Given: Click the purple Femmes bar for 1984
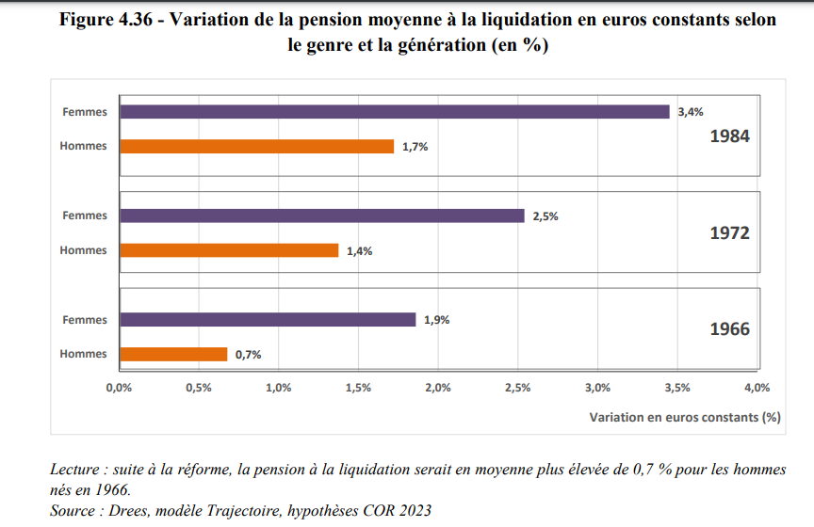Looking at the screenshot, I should point(394,111).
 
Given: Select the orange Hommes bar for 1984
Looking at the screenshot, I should point(256,146).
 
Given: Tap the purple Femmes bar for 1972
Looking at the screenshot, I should point(321,216).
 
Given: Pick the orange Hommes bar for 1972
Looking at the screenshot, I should point(228,250).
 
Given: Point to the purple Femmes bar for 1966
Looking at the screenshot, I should point(267,320).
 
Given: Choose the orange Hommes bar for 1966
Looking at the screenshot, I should point(173,354).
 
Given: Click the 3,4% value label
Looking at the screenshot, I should point(691,112).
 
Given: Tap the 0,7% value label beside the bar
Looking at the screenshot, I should point(248,355).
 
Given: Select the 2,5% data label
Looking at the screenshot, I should point(545,216).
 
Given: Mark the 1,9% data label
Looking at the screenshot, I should point(436,320).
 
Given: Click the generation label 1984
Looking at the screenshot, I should point(729,136).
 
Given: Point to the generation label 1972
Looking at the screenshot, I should point(729,232).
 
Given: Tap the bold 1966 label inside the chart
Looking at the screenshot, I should point(729,329).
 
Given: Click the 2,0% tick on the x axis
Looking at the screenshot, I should point(438,388).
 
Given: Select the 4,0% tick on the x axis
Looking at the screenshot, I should point(757,388).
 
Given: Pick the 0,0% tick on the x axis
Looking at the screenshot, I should point(118,388).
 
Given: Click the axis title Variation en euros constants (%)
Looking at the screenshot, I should point(686,415).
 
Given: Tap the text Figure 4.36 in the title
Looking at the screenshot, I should point(114,20).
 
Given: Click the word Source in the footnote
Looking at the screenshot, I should point(74,510).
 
